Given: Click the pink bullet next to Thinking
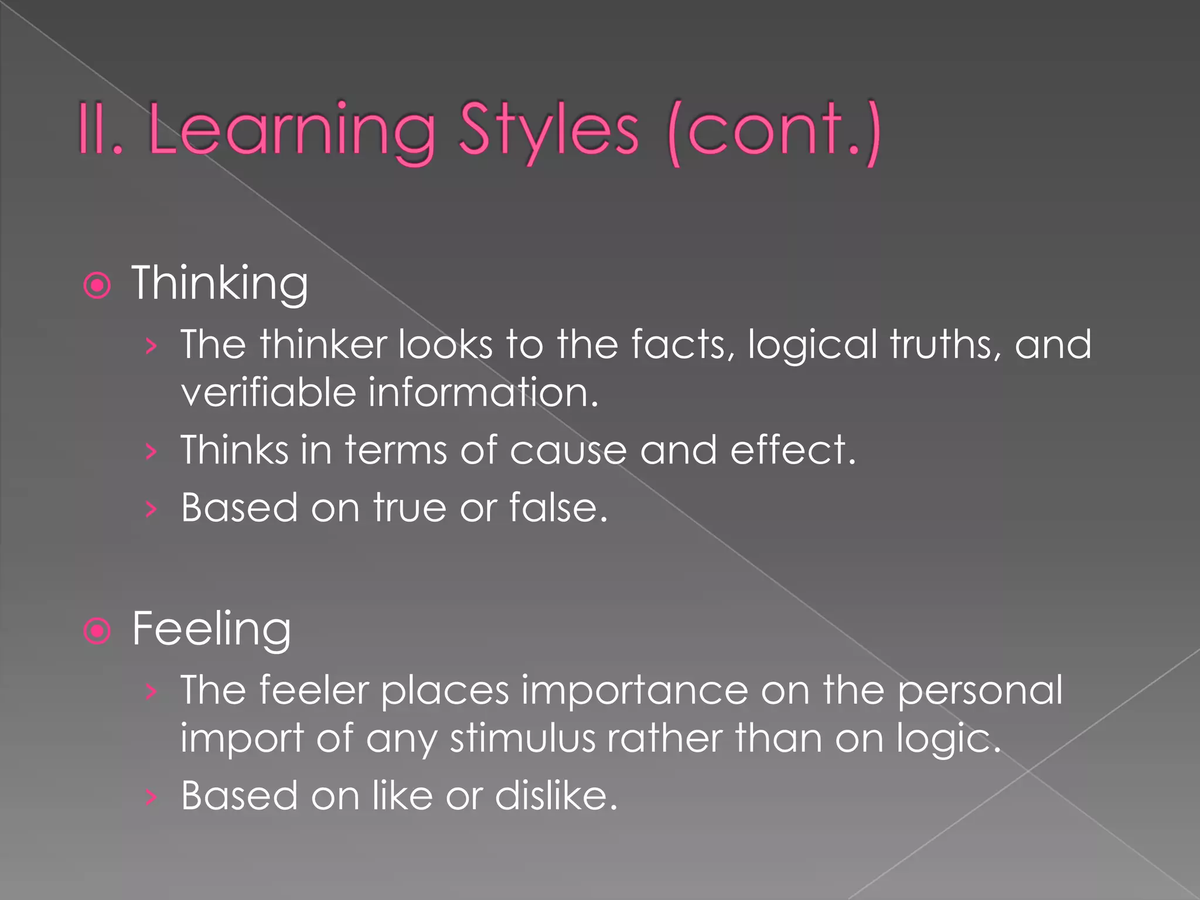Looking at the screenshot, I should click(x=97, y=286).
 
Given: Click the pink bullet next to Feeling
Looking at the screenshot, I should click(x=97, y=632).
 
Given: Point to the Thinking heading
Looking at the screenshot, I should click(x=220, y=284).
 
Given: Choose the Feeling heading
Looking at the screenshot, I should click(x=211, y=629).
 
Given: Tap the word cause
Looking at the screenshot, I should click(x=568, y=450).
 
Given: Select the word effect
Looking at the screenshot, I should click(x=792, y=450).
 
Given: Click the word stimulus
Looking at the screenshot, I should click(x=522, y=738).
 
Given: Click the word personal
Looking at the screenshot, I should click(x=980, y=690).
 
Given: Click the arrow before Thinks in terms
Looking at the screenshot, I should click(x=151, y=452).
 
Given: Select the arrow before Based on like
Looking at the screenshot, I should click(x=151, y=797).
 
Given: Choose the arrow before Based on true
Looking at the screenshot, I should click(x=151, y=509).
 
